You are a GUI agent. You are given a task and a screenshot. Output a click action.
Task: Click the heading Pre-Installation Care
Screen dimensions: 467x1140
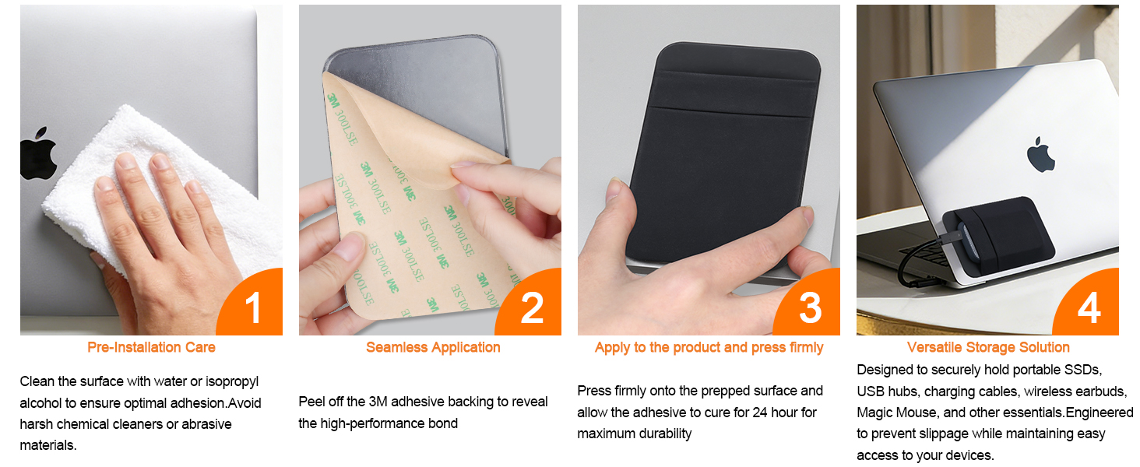click(x=151, y=347)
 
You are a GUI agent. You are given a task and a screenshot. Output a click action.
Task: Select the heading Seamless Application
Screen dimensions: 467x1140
click(x=433, y=347)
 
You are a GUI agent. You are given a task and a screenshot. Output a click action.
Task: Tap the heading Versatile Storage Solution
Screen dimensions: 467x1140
click(x=988, y=347)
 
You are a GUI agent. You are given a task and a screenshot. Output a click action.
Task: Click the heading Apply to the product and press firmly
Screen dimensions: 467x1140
click(x=709, y=347)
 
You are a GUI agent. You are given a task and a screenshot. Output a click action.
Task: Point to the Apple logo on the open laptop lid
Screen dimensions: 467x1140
click(x=1040, y=154)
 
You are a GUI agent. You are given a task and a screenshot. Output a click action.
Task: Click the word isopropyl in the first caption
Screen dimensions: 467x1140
click(x=231, y=382)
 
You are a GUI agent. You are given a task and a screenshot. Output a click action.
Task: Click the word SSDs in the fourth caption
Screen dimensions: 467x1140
click(x=1084, y=370)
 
